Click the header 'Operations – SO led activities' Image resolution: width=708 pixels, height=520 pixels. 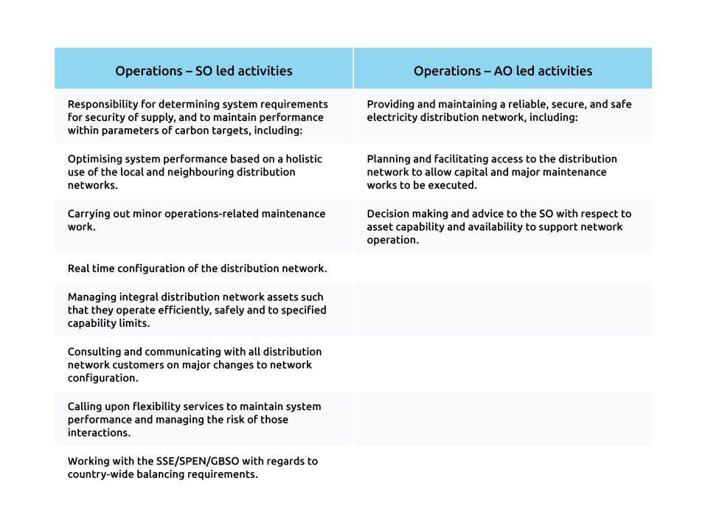[204, 71]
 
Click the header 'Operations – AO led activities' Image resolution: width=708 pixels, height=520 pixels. [502, 71]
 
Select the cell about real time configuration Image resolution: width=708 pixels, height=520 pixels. [197, 268]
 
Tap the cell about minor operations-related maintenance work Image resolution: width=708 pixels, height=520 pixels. [196, 221]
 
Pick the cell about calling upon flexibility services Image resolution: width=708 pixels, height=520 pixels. [194, 420]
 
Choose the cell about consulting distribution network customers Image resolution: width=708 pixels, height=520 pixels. [194, 364]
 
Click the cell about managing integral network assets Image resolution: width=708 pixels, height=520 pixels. [196, 310]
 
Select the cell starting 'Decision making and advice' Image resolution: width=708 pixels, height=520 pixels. [499, 226]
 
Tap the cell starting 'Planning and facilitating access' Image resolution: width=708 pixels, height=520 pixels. [492, 172]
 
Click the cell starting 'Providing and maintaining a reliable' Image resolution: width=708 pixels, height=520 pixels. [499, 111]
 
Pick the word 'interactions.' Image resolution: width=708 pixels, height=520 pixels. [99, 433]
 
